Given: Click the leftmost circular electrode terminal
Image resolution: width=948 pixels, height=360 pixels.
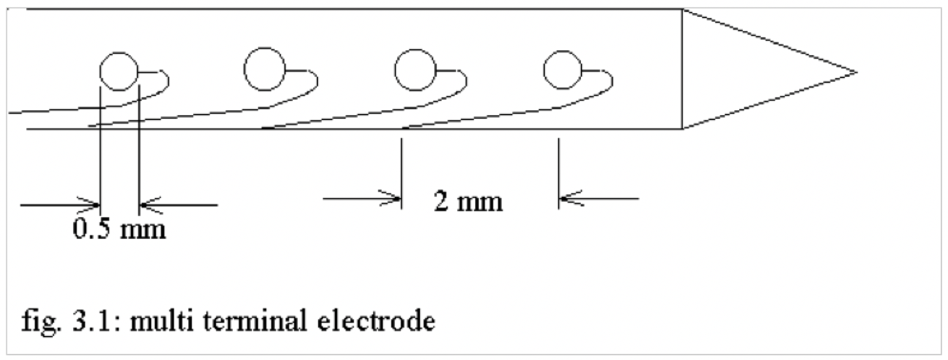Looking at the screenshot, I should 119,71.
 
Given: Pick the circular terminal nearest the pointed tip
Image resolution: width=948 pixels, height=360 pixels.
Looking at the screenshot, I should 563,70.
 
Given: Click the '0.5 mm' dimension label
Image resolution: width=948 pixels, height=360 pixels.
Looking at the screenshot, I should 119,229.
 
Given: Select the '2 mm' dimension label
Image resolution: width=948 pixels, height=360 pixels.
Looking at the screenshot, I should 469,202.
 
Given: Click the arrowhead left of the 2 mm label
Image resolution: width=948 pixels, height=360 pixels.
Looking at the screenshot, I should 394,197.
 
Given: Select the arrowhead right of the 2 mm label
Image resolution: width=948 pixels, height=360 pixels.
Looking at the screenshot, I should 567,197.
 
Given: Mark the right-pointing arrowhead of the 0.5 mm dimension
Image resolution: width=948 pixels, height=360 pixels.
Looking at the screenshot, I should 92,205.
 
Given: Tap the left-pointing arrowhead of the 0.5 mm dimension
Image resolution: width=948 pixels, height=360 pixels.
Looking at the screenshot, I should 148,205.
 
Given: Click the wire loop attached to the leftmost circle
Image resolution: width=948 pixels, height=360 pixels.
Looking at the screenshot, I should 166,81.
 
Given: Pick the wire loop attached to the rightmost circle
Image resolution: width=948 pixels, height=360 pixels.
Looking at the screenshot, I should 611,81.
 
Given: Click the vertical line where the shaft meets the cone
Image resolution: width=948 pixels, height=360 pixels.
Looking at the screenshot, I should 683,69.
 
